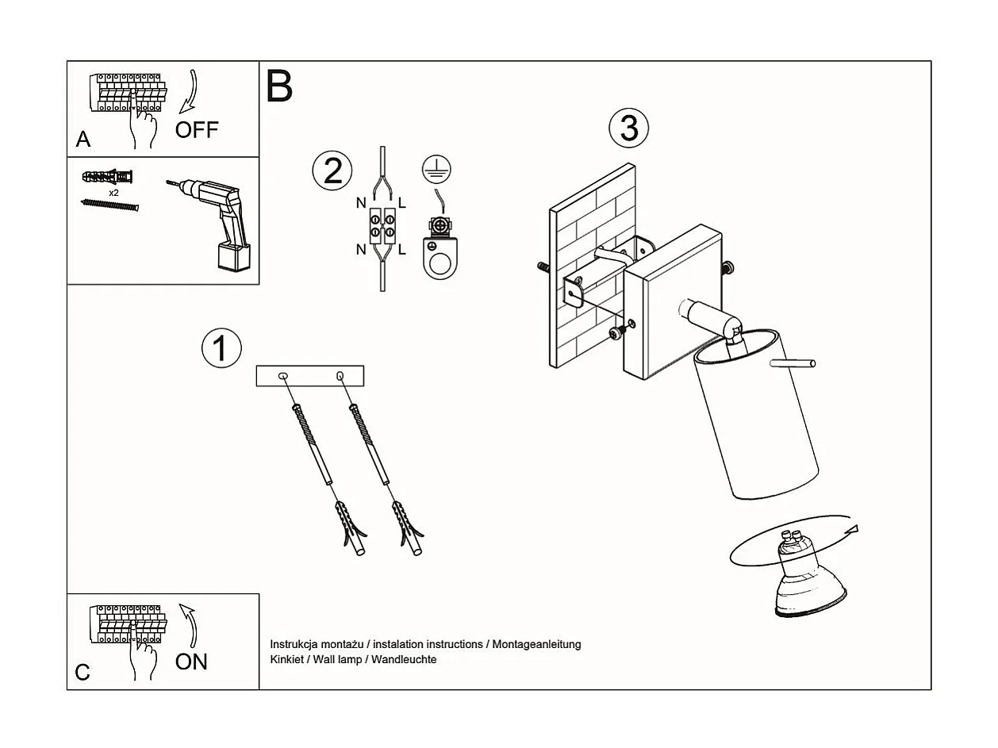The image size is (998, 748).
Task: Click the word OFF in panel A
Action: click(196, 129)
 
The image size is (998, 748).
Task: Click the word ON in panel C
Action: click(191, 661)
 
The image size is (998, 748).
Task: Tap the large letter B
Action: click(279, 86)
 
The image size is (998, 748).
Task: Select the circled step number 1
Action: click(221, 348)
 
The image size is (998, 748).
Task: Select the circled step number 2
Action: click(332, 171)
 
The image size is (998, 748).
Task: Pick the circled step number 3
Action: click(628, 128)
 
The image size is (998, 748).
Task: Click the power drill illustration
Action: click(218, 222)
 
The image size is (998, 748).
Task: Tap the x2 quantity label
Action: click(114, 192)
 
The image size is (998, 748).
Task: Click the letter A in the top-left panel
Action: click(83, 140)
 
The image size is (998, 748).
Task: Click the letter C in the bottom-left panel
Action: click(83, 673)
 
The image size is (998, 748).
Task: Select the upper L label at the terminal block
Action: click(403, 203)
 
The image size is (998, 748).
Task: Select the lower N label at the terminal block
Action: click(361, 250)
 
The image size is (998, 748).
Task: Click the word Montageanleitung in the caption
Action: click(536, 644)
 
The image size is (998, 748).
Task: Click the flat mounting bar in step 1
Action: click(309, 375)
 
